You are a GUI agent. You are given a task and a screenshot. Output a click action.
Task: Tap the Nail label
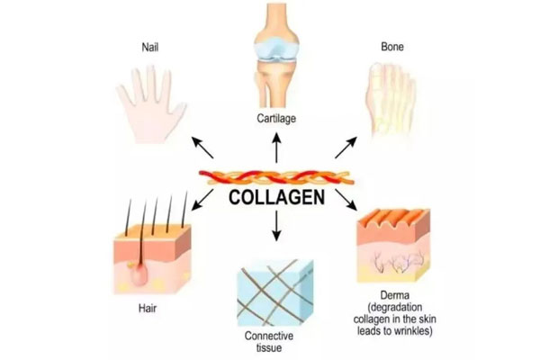click(x=149, y=45)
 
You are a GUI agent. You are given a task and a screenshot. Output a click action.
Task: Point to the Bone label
click(x=392, y=45)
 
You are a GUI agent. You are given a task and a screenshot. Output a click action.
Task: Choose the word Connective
click(x=271, y=337)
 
